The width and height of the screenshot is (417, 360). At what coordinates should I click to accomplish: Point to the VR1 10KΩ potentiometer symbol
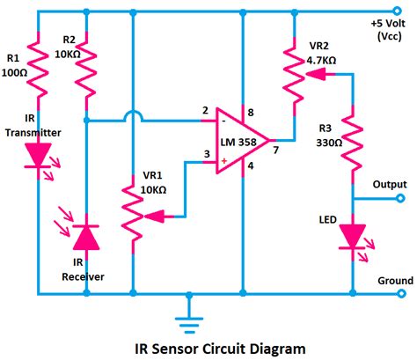tap(132, 214)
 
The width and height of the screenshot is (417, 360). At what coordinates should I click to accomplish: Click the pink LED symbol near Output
tap(353, 235)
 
